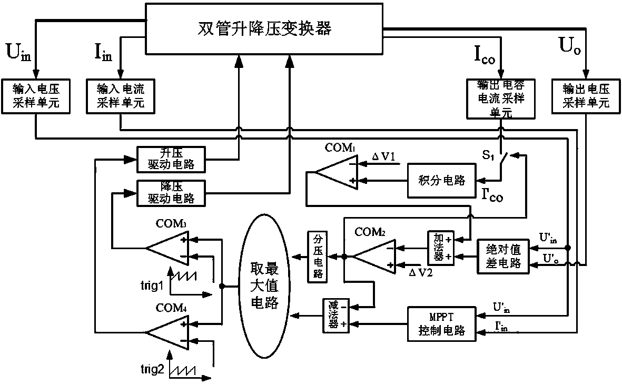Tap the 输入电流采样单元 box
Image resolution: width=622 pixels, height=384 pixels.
121,96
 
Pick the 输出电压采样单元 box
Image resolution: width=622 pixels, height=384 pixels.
585,96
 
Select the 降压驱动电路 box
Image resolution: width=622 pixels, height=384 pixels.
171,192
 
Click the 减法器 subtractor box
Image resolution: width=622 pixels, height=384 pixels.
334,315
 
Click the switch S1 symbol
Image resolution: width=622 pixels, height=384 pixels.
505,157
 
